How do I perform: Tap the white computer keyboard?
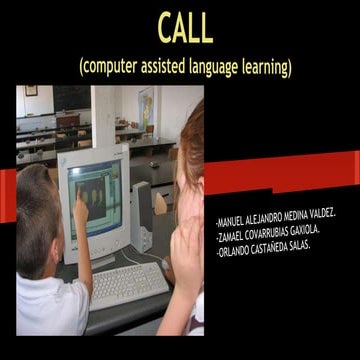(128, 284)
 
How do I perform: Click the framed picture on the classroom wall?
(31, 91)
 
